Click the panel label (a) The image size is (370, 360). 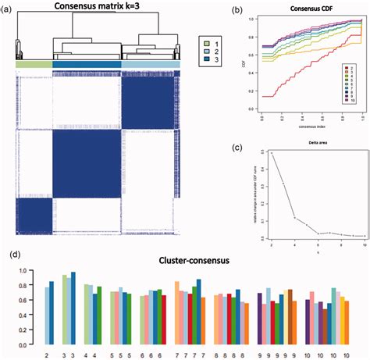coord(7,7)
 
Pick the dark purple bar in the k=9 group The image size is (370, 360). coord(259,318)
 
